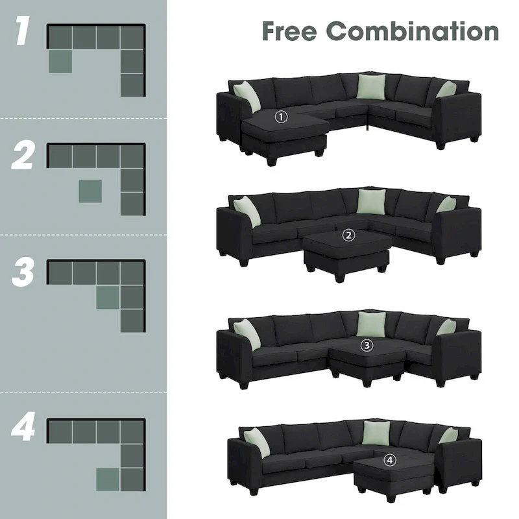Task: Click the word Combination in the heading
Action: (x=413, y=30)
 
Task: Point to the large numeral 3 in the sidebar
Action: (x=23, y=273)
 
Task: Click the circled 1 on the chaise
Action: (x=281, y=117)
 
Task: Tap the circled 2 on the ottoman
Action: (x=349, y=235)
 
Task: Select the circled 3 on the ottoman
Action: (x=368, y=346)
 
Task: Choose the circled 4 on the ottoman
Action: (x=389, y=459)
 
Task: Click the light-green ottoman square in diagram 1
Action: (x=60, y=61)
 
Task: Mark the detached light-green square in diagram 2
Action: (x=90, y=191)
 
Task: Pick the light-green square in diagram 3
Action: (x=108, y=296)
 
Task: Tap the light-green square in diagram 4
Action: (x=108, y=479)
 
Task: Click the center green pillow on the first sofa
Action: (x=370, y=86)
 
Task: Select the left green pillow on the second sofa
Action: (x=247, y=211)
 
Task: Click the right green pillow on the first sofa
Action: (x=446, y=90)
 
